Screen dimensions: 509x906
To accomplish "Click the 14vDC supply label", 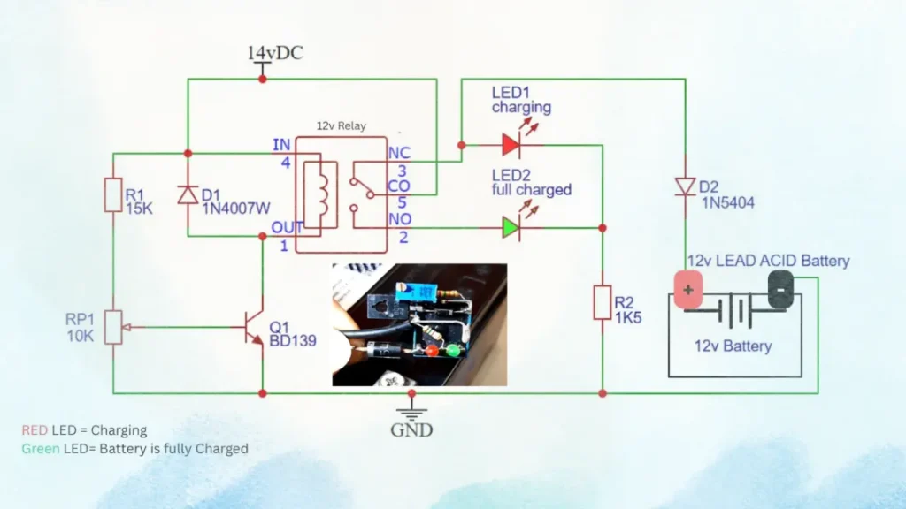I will click(274, 54).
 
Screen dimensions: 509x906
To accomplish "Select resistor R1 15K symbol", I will click(113, 194).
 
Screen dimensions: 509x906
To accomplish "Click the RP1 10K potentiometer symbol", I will click(113, 327).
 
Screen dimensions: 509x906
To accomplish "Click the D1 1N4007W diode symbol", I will click(188, 194).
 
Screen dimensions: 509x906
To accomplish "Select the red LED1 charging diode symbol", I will click(511, 144).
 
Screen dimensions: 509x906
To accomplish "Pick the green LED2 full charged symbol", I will click(511, 227).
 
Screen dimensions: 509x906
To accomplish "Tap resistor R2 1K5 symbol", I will click(602, 302).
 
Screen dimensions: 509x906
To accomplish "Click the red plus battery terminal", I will click(688, 290).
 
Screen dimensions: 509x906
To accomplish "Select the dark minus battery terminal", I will click(780, 290).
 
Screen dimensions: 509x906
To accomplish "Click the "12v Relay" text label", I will click(341, 126).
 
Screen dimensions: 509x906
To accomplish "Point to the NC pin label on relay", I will click(399, 154).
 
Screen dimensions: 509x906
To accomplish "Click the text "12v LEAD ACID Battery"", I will click(768, 261).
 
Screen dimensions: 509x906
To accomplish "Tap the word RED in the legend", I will click(35, 430).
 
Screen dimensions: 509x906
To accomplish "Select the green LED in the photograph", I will click(452, 351).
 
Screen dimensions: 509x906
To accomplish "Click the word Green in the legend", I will click(41, 449).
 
